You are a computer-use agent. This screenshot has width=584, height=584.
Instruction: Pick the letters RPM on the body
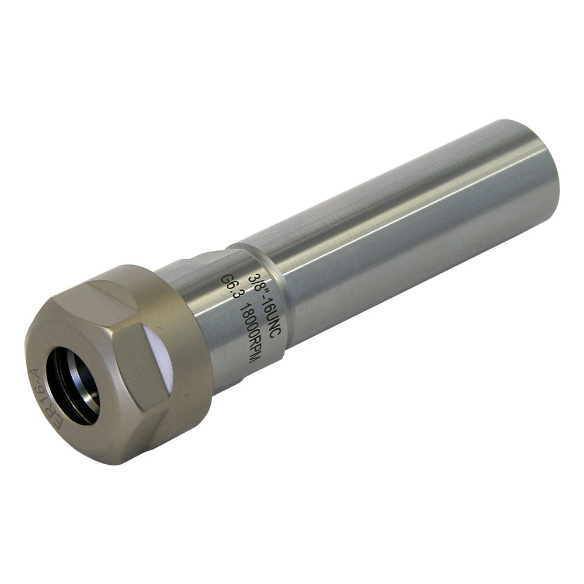point(252,351)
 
